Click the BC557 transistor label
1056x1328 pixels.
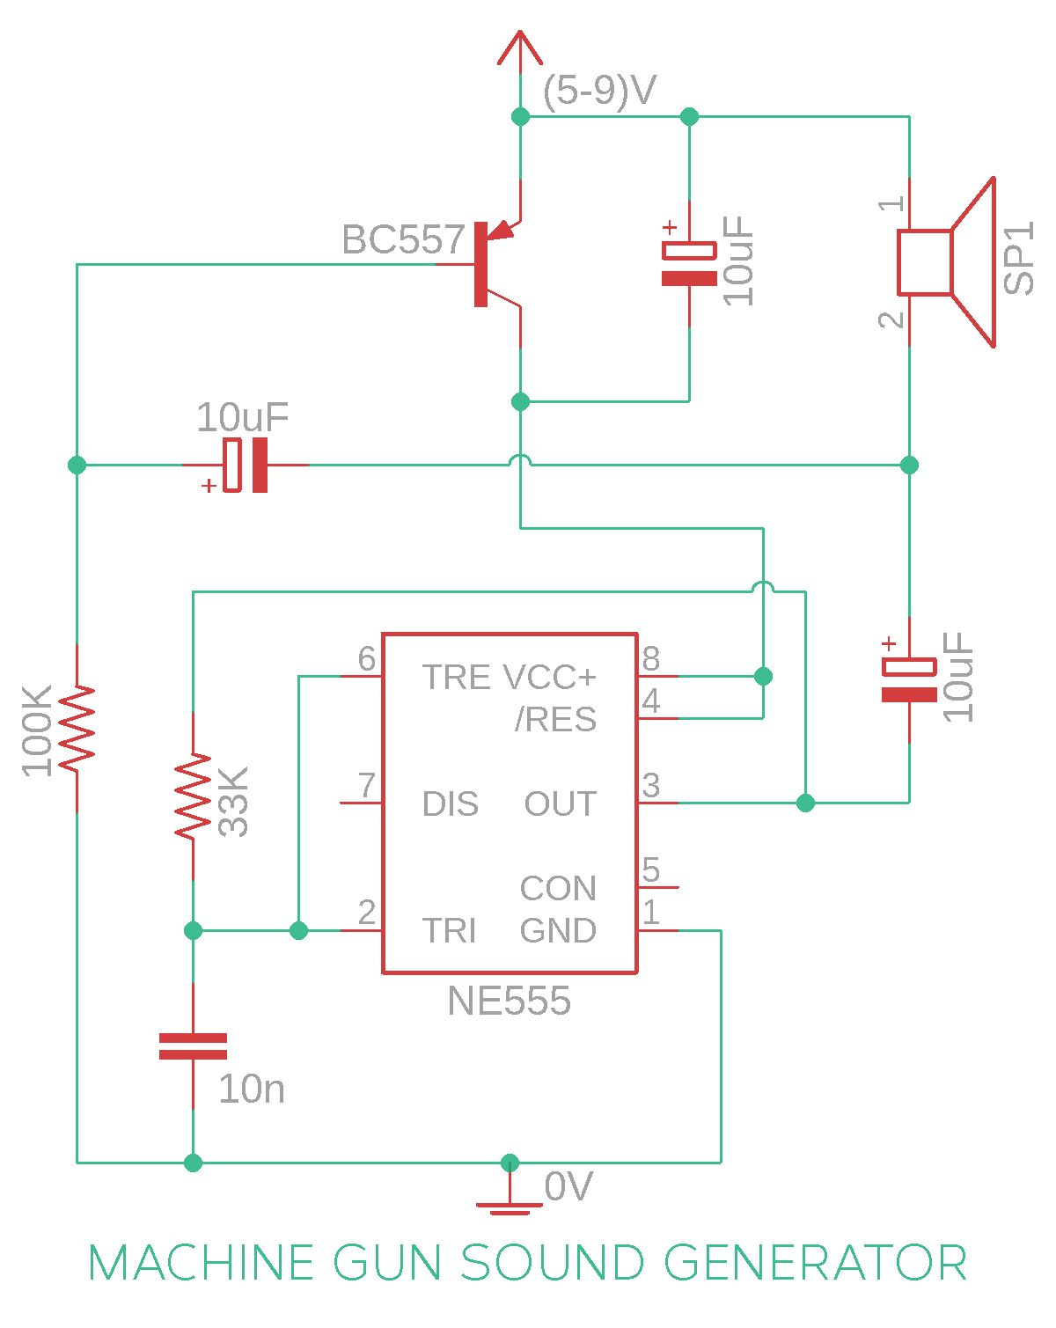tap(402, 238)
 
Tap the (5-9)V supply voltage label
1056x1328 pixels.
tap(598, 92)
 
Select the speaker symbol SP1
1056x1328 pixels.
tap(945, 262)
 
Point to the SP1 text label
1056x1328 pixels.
tap(1018, 258)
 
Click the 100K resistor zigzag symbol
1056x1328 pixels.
tap(77, 728)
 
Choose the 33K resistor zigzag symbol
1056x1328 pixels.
tap(193, 796)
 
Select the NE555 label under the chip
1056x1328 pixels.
tap(509, 1001)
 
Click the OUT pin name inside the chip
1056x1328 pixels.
tap(560, 803)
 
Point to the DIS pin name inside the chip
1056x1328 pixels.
tap(450, 803)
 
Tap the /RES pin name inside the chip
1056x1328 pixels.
tap(555, 719)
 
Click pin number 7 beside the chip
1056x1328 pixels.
tap(367, 784)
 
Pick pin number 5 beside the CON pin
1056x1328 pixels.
tap(650, 869)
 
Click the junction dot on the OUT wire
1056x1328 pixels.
tap(805, 803)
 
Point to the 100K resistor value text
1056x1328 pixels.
tap(36, 730)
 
